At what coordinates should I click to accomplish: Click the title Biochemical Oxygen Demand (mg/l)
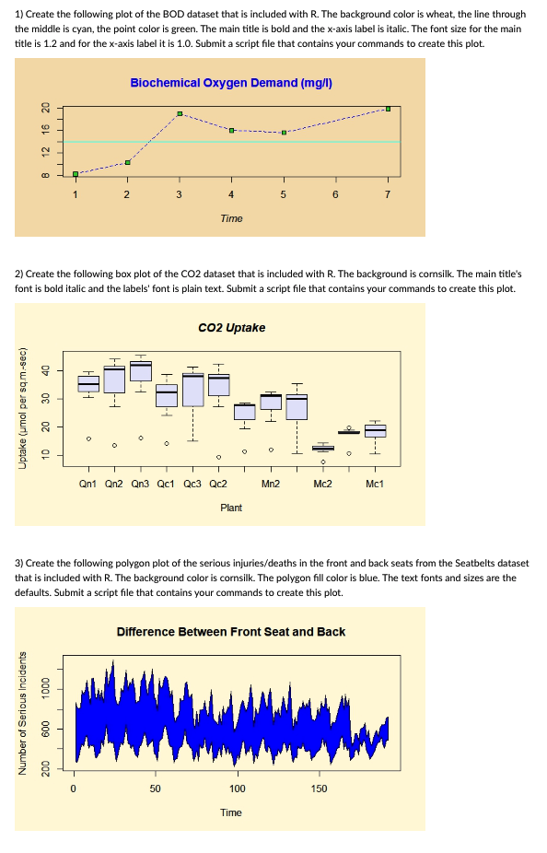point(230,83)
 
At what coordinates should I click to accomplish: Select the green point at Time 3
point(180,113)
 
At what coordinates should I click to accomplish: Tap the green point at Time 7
point(388,109)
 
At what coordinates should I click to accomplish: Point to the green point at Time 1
point(76,173)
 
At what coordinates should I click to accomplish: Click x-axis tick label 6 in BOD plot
point(335,193)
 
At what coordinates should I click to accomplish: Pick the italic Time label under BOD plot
point(231,218)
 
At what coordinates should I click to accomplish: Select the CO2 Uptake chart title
point(231,328)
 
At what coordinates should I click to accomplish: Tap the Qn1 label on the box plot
point(89,482)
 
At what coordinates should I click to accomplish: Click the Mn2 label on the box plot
point(271,482)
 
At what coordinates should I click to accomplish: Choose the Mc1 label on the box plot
point(375,482)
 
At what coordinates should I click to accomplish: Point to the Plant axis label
point(231,507)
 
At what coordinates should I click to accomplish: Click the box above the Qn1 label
point(88,383)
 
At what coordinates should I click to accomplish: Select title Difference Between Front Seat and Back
point(231,631)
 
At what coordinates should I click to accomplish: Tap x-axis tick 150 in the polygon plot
point(319,789)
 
